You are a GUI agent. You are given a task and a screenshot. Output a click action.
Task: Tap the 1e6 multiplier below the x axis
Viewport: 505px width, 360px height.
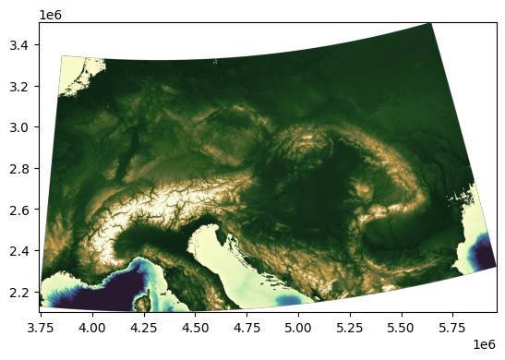click(486, 342)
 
